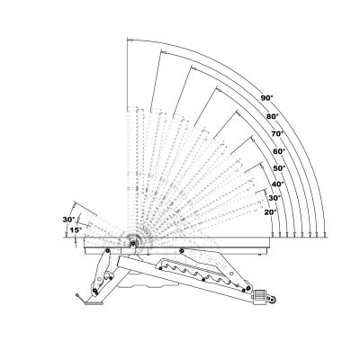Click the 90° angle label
point(266,98)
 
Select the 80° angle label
point(273,116)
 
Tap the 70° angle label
point(277,134)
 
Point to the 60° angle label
point(279,151)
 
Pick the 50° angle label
point(279,168)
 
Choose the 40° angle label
point(277,184)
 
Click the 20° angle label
point(270,212)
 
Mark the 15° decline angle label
point(76,230)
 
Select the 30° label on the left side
point(68,220)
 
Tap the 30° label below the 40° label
point(274,198)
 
